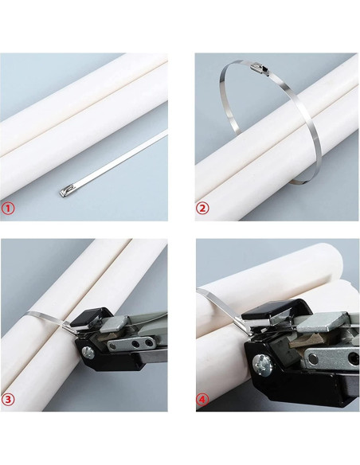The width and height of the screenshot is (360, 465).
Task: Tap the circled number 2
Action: (x=203, y=209)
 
